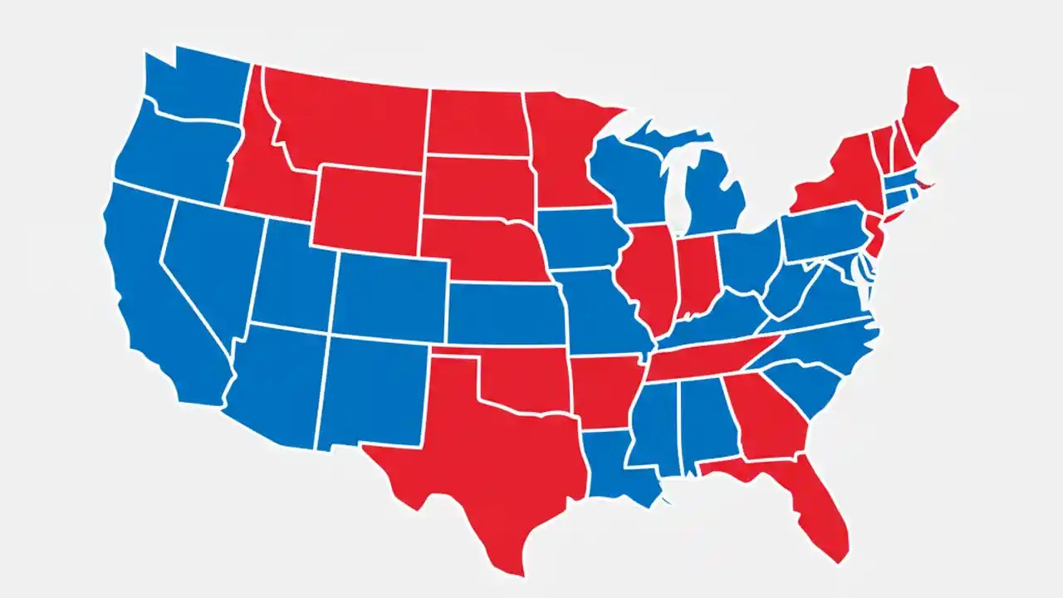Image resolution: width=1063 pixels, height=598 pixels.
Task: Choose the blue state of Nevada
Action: (208, 257)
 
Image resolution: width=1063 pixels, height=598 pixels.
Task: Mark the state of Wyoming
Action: (365, 208)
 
